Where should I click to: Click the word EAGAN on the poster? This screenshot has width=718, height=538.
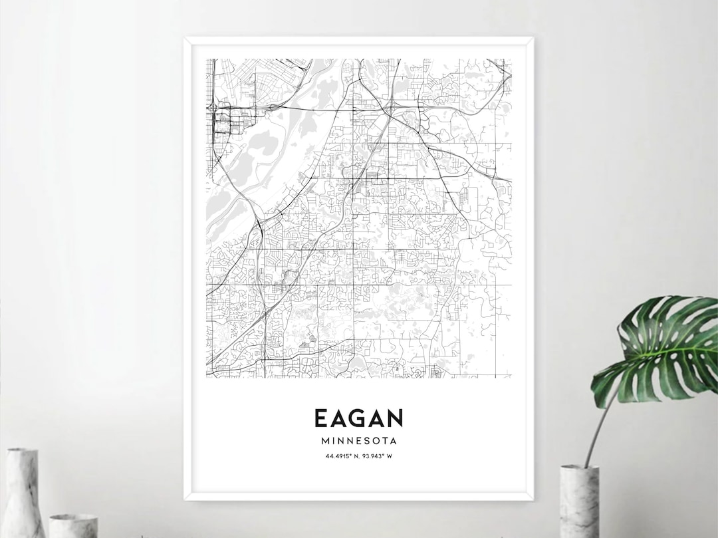358,418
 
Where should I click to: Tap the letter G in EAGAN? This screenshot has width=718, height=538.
358,418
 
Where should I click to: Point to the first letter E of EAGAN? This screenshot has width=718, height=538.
320,418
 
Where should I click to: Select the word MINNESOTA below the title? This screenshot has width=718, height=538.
358,440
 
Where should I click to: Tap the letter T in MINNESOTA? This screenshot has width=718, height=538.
384,440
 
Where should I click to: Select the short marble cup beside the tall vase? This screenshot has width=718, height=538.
73,525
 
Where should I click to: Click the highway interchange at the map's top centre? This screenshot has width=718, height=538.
390,106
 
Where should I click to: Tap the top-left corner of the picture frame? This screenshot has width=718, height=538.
186,39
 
